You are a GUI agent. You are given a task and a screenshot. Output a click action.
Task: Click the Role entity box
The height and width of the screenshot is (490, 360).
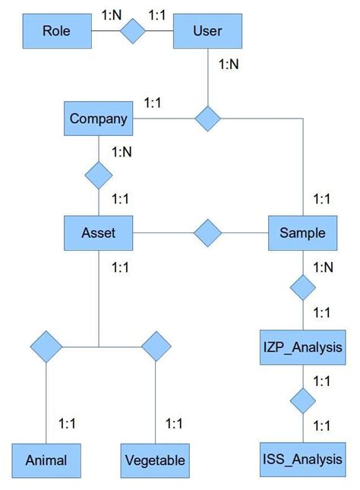tap(57, 31)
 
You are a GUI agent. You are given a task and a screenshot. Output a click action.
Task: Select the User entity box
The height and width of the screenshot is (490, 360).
tap(208, 31)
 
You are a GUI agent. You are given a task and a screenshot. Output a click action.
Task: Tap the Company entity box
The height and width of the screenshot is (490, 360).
tap(98, 119)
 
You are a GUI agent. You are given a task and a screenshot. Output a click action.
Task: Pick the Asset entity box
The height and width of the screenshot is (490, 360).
tap(98, 232)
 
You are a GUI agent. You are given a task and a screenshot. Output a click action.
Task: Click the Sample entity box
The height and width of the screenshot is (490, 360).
tap(302, 232)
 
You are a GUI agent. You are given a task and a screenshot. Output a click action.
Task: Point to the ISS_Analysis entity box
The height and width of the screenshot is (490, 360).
tap(302, 459)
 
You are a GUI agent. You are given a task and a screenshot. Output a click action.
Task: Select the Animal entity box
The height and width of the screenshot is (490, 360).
tap(46, 459)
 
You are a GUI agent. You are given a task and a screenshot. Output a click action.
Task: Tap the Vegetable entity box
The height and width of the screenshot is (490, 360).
tap(154, 459)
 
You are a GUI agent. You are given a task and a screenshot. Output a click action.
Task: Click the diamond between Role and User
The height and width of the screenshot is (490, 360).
tap(134, 31)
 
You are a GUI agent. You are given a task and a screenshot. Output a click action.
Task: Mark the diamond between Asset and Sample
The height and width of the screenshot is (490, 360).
tap(207, 232)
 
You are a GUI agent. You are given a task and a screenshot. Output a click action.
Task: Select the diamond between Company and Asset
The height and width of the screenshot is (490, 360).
tap(98, 176)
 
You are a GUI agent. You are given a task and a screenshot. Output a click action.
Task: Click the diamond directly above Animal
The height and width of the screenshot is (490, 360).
tap(46, 346)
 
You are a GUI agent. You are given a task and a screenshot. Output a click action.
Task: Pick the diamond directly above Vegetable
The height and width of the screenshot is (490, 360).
tap(155, 346)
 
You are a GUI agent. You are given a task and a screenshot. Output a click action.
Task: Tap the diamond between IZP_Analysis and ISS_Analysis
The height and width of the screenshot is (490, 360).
tap(302, 400)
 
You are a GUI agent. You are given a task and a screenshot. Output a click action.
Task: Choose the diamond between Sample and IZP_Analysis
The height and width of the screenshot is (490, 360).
tap(302, 288)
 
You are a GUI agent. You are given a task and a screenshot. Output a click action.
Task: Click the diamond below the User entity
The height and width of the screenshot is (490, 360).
tap(207, 119)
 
